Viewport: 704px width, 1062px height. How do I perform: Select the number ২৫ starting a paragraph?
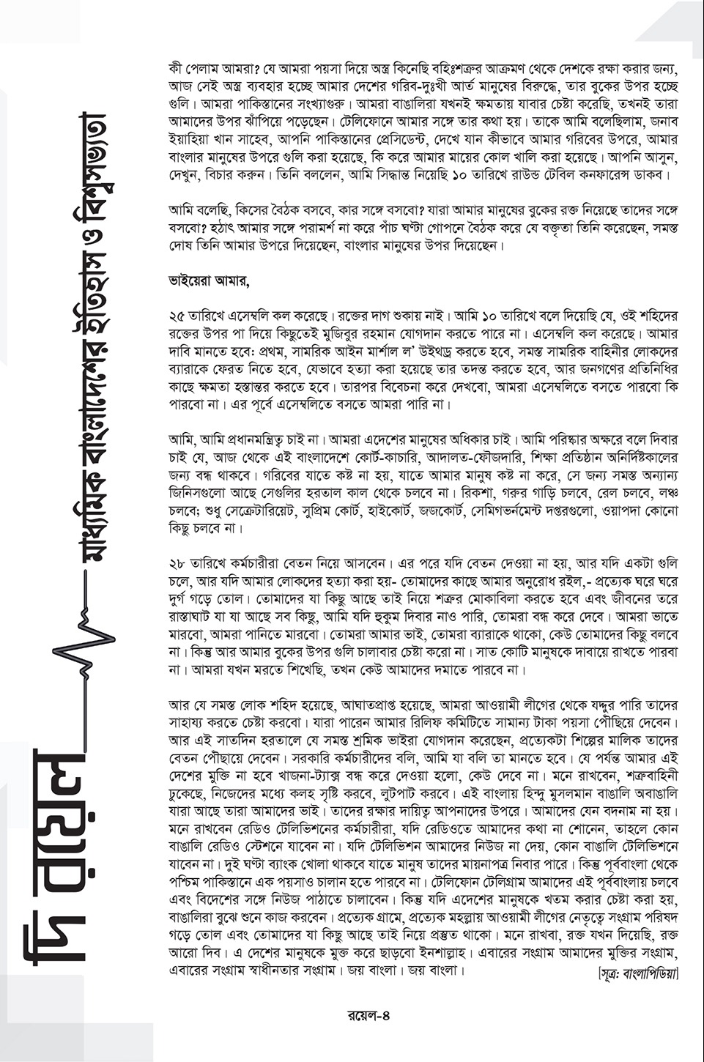tap(177, 316)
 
